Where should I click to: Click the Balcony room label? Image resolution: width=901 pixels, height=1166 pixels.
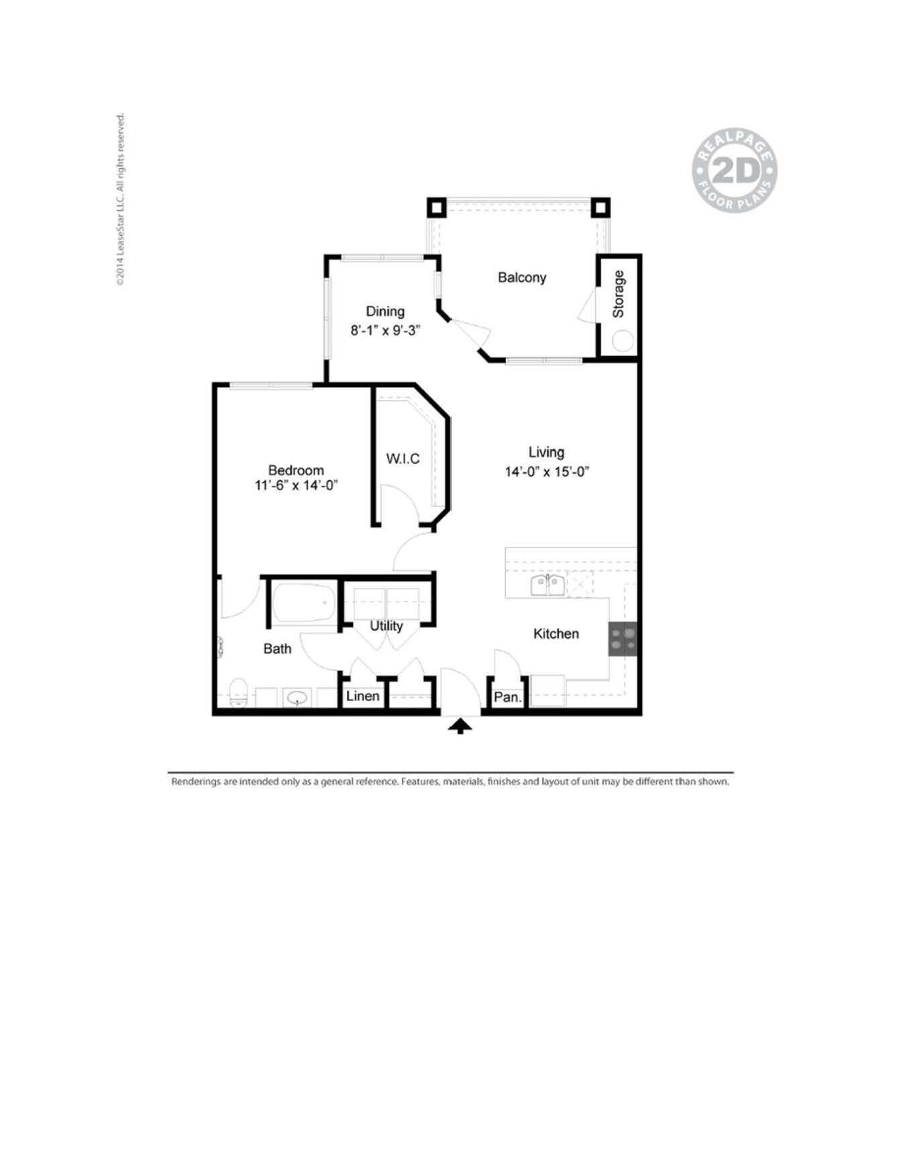click(521, 277)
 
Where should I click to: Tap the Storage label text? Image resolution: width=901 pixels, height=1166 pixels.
click(619, 294)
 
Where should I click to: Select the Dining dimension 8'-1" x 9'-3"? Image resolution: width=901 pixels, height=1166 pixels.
click(385, 330)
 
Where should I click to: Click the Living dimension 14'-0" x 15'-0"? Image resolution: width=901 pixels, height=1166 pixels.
click(546, 472)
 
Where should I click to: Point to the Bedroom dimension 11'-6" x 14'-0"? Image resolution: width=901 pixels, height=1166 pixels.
click(295, 485)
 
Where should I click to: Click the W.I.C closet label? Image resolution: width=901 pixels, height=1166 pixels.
click(403, 458)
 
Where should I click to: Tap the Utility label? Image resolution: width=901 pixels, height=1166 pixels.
click(386, 625)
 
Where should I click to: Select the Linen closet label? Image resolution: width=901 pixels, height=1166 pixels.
click(362, 696)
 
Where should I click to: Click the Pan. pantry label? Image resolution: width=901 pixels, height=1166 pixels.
click(507, 697)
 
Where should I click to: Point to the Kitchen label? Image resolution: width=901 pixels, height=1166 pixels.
click(555, 633)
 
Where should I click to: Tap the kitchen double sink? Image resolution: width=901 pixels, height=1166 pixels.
click(547, 585)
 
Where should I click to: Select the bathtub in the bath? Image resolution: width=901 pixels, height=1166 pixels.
click(303, 602)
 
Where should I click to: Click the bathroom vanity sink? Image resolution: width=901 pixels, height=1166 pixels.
click(296, 698)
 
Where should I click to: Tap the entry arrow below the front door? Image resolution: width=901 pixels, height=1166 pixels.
click(460, 726)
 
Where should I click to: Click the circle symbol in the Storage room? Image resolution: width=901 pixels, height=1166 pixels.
click(622, 341)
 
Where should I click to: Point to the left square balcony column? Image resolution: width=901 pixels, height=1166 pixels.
click(437, 207)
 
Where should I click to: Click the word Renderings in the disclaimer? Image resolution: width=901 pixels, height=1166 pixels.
click(195, 782)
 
